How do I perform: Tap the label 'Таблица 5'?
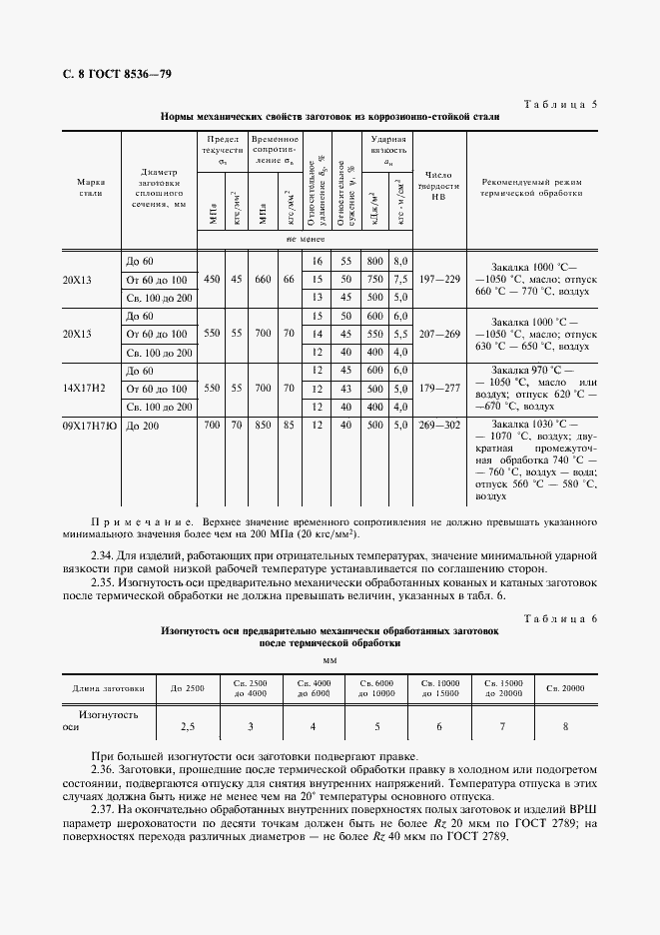[x=559, y=104]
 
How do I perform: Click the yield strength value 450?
[x=213, y=280]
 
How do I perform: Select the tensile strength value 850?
[x=262, y=426]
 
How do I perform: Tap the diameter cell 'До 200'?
[x=142, y=426]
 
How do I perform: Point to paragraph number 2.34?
[x=103, y=553]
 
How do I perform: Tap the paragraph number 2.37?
[x=103, y=808]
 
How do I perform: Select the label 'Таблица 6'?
[x=559, y=620]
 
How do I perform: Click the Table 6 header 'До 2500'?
[x=187, y=688]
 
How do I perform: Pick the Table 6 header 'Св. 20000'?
[x=566, y=688]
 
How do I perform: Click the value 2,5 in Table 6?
[x=187, y=726]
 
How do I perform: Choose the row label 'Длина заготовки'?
[x=108, y=688]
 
